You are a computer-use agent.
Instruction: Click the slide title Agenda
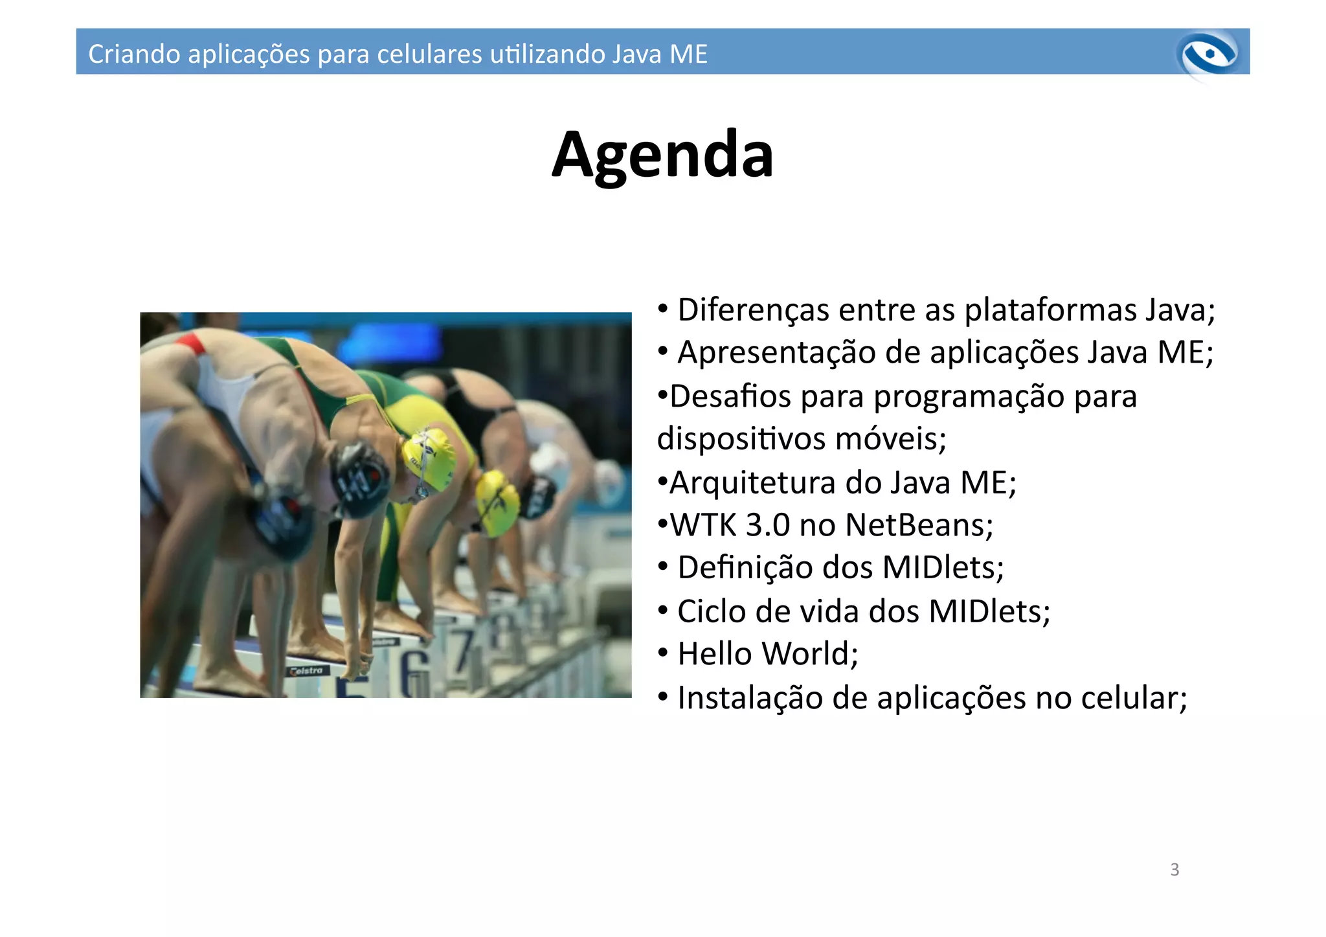(x=662, y=155)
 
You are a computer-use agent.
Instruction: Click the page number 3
(x=1174, y=870)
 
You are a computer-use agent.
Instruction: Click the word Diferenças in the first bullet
(x=753, y=310)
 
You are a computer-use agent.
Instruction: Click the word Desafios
(x=730, y=396)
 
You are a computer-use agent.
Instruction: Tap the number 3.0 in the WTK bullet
(x=767, y=525)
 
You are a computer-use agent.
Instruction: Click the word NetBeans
(x=918, y=525)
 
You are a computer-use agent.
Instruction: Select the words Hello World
(x=767, y=654)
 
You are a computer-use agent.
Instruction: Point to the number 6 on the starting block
(x=414, y=673)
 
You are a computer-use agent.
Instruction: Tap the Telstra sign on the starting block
(x=308, y=670)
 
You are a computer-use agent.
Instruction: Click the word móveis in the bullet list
(x=890, y=439)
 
